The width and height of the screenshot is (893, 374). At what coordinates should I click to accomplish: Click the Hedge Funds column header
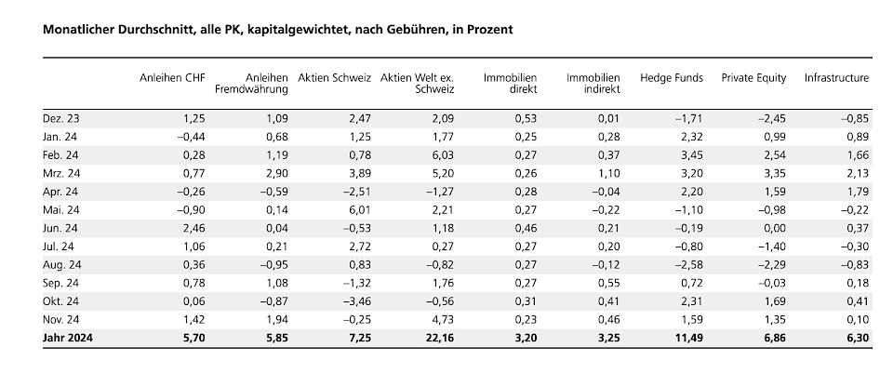point(672,78)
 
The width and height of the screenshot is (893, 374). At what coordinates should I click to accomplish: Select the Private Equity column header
point(753,78)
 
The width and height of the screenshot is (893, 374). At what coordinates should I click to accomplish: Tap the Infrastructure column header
point(836,78)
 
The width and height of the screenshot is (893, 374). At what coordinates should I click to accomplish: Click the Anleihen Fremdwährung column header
point(254,84)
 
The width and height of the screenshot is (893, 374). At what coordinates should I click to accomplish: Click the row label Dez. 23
point(60,118)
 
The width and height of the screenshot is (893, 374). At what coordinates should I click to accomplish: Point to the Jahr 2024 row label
point(69,338)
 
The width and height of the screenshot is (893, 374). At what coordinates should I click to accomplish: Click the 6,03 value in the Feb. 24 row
point(441,154)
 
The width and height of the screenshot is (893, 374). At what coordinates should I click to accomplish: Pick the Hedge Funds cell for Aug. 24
point(689,264)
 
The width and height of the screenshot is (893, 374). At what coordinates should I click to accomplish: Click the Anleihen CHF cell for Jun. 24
point(192,228)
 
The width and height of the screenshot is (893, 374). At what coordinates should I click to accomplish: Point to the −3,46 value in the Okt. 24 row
point(354,301)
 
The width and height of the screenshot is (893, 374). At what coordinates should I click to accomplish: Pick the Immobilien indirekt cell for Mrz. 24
point(607,173)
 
